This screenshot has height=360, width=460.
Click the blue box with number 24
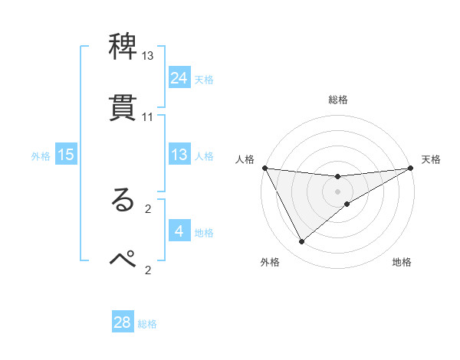pos(179,78)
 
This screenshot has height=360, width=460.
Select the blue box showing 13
pos(179,155)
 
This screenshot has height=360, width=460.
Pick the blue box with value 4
pos(179,231)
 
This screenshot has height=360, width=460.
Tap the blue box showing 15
pos(66,155)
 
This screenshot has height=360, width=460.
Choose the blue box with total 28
pos(123,322)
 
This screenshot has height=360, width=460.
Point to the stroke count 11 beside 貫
pos(148,117)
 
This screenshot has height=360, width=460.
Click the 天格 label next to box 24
pos(204,80)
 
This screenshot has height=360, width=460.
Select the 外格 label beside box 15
pos(41,156)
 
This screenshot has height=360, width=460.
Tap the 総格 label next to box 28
pos(147,324)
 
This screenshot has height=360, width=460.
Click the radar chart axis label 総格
pos(338,100)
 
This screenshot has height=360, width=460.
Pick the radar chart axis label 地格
pos(402,262)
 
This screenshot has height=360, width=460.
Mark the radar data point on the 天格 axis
pos(411,168)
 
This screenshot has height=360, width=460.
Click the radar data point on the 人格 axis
pos(265,168)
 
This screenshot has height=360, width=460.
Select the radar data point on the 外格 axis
pos(301,242)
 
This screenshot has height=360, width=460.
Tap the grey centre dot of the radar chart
pos(338,191)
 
